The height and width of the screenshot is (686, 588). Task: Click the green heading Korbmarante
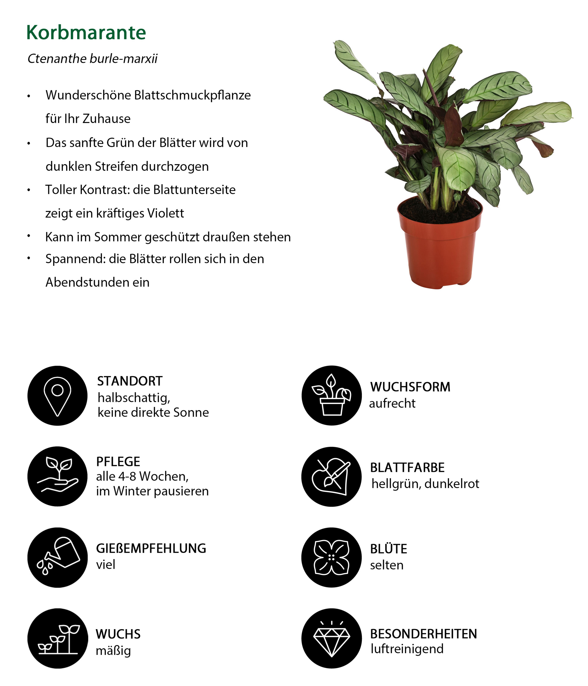(x=86, y=33)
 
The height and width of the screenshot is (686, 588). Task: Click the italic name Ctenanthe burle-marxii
(x=92, y=59)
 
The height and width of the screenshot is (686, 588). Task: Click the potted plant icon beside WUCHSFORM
(x=331, y=395)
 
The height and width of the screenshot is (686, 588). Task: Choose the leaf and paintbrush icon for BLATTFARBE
(x=331, y=476)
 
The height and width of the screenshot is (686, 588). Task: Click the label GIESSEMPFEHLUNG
(x=151, y=548)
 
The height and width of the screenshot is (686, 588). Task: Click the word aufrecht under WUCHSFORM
(x=392, y=403)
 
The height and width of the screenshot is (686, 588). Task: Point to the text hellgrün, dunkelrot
(x=425, y=484)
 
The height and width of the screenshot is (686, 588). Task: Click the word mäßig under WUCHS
(x=113, y=651)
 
